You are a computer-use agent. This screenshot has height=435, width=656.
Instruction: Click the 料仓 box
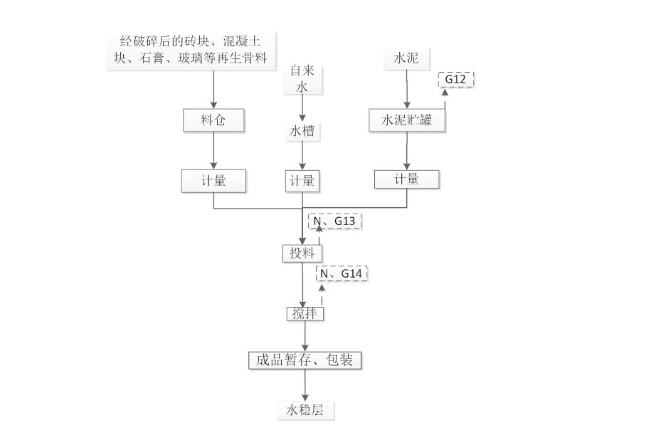click(213, 120)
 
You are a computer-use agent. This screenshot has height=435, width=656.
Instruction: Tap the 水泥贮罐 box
click(406, 121)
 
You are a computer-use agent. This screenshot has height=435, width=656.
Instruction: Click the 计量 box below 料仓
click(213, 181)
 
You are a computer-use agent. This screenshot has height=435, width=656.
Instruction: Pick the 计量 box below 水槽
click(302, 181)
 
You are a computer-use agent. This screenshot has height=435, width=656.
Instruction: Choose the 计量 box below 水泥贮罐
click(406, 179)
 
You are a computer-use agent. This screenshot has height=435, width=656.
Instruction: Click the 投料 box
click(302, 253)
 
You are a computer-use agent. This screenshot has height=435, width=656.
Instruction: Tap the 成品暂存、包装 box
click(305, 360)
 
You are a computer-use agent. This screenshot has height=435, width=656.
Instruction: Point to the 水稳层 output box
click(305, 410)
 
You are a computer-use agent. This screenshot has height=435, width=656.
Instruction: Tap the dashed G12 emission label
click(455, 79)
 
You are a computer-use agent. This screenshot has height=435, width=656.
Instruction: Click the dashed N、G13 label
click(334, 221)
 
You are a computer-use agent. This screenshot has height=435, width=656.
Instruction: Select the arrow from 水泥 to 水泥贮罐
click(406, 89)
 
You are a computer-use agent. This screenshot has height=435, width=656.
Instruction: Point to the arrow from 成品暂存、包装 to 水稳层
click(305, 385)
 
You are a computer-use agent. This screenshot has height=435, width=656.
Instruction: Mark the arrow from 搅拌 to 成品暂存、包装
click(305, 336)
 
